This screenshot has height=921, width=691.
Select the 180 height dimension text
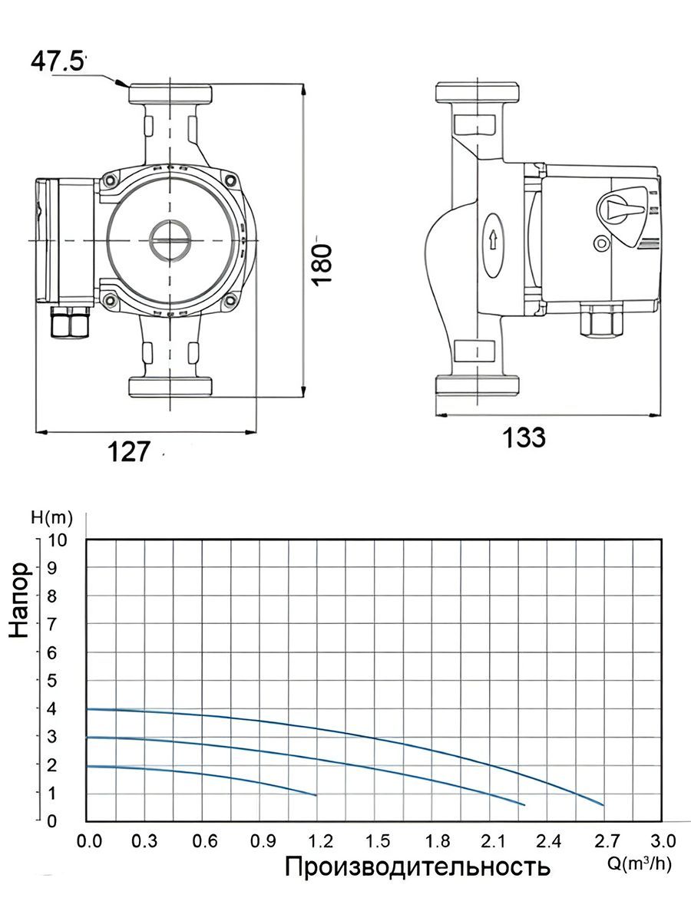click(x=323, y=266)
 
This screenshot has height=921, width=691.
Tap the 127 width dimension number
click(x=128, y=451)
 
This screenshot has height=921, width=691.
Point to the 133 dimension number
click(x=524, y=437)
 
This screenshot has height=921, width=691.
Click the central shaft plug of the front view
click(x=170, y=240)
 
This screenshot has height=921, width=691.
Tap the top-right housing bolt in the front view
click(x=230, y=181)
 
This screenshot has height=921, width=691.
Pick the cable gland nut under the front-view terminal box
click(x=70, y=322)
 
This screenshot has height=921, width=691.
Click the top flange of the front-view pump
click(x=170, y=94)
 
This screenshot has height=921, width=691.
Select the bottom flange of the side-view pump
click(x=478, y=385)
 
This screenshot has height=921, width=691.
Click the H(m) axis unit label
click(x=51, y=518)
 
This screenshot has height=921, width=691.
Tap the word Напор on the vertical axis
click(x=19, y=601)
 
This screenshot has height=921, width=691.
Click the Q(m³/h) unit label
click(x=640, y=864)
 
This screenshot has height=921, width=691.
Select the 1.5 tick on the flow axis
click(x=378, y=841)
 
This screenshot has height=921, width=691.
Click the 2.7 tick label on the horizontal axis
click(x=607, y=841)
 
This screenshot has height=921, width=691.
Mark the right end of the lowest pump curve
click(x=316, y=795)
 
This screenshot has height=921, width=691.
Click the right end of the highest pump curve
click(x=603, y=805)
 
